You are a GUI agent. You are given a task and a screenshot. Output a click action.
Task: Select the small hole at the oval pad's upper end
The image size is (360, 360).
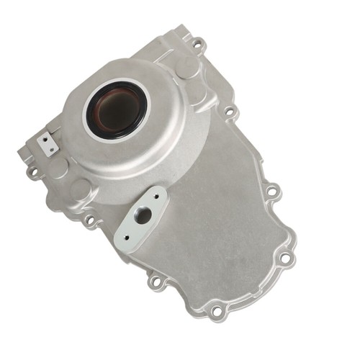[x=155, y=194]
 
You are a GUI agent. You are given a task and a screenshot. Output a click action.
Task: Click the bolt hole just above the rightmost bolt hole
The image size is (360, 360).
[x=271, y=191]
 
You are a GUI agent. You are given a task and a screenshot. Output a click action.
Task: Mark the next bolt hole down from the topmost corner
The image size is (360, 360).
[x=230, y=112]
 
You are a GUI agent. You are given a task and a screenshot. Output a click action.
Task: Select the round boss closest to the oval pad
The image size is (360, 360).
[x=80, y=190]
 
